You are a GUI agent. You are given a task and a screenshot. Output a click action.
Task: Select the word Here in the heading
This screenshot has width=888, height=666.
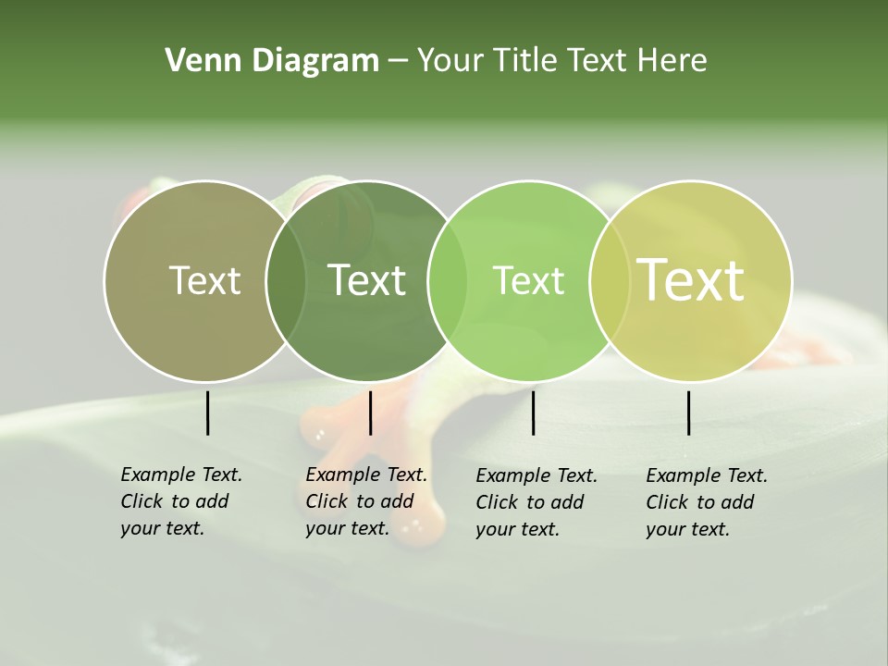tap(672, 61)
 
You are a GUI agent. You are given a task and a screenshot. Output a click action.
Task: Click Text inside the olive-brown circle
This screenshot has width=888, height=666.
tap(205, 280)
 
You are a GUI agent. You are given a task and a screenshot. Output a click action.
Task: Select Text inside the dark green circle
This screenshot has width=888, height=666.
tap(367, 280)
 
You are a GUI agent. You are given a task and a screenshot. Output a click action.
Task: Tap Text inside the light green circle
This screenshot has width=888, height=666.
tap(528, 280)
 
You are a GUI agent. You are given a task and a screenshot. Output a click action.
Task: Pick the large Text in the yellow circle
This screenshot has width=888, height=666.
tap(691, 279)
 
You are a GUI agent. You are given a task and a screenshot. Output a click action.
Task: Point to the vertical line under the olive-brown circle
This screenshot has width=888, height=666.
tap(208, 413)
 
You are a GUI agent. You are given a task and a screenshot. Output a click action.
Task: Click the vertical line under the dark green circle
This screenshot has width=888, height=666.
tap(370, 413)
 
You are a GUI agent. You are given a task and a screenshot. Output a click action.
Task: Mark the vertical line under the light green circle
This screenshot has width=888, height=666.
tap(534, 413)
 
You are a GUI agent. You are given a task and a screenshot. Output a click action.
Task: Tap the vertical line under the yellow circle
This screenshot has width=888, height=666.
tap(689, 413)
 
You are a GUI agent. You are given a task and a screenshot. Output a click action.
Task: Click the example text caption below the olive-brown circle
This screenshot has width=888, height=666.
tap(180, 501)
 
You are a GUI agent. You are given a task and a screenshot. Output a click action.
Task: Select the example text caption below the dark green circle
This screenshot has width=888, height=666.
tap(365, 501)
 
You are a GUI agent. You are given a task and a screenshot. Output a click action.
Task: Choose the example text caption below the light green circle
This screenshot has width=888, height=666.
tap(536, 502)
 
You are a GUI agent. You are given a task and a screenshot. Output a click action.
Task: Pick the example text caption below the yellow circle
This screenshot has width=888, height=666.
tap(706, 502)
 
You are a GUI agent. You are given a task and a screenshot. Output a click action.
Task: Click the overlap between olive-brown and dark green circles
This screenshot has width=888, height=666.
tap(286, 280)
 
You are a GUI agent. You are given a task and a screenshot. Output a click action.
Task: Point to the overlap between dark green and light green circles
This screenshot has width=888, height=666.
tap(448, 280)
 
